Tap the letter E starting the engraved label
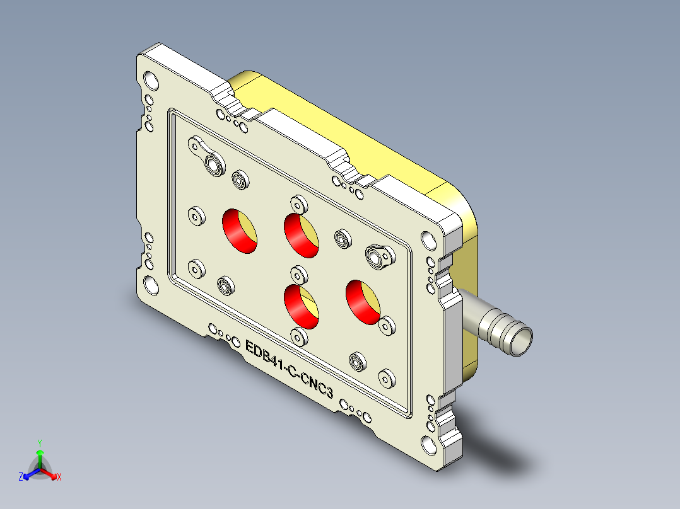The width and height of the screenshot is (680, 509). [x=249, y=347]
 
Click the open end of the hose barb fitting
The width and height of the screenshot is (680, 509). [x=520, y=341]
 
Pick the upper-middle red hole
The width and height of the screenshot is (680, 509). [x=301, y=235]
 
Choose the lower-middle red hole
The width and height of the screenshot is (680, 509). [x=302, y=306]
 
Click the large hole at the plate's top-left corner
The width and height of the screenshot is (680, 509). [x=152, y=80]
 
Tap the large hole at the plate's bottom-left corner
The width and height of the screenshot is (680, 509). [x=151, y=285]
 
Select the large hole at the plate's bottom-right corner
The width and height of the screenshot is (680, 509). [x=428, y=445]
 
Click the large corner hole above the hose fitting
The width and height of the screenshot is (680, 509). [x=428, y=240]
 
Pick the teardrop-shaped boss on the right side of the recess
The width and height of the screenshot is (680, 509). [x=379, y=256]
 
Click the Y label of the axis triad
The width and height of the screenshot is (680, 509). [x=39, y=442]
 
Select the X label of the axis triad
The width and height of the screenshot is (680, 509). [x=59, y=478]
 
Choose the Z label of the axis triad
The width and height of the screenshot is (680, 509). [x=21, y=478]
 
